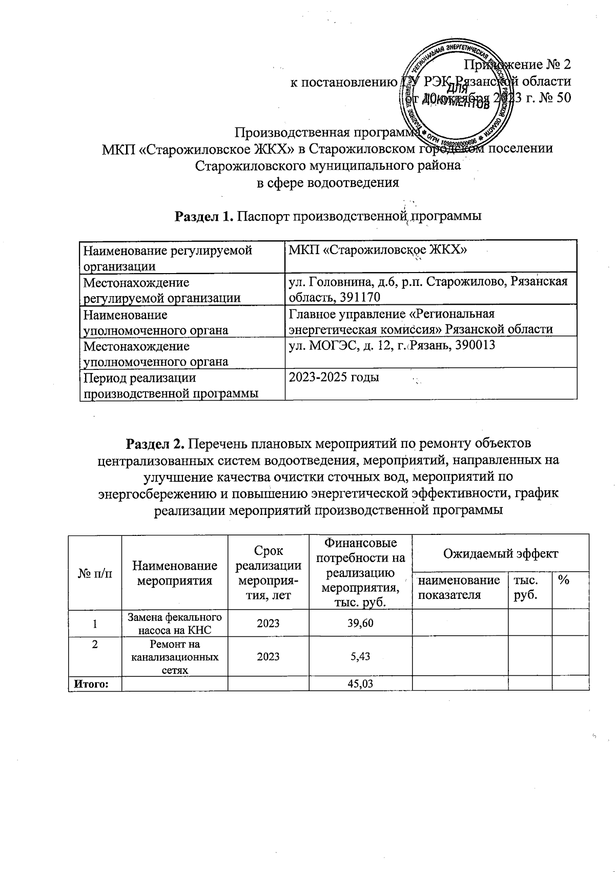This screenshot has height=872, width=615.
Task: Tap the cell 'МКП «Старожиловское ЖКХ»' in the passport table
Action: click(x=378, y=251)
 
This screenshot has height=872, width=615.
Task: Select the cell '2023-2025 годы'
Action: click(x=334, y=378)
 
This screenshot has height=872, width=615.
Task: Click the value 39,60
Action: click(x=360, y=623)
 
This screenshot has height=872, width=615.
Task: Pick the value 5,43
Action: click(x=360, y=656)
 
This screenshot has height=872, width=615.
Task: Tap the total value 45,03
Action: click(x=360, y=684)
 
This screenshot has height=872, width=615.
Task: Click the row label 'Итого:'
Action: click(x=92, y=684)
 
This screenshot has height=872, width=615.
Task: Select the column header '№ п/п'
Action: click(x=95, y=573)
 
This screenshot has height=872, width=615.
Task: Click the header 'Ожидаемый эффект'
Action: click(x=500, y=553)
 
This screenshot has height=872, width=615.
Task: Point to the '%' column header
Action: click(x=565, y=580)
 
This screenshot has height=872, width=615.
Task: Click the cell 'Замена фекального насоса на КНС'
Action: click(x=175, y=623)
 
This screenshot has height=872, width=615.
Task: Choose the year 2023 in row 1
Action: click(x=268, y=623)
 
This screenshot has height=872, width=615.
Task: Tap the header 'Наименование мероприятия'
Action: click(x=175, y=573)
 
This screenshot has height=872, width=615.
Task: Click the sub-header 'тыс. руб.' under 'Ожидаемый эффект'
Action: click(x=524, y=587)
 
